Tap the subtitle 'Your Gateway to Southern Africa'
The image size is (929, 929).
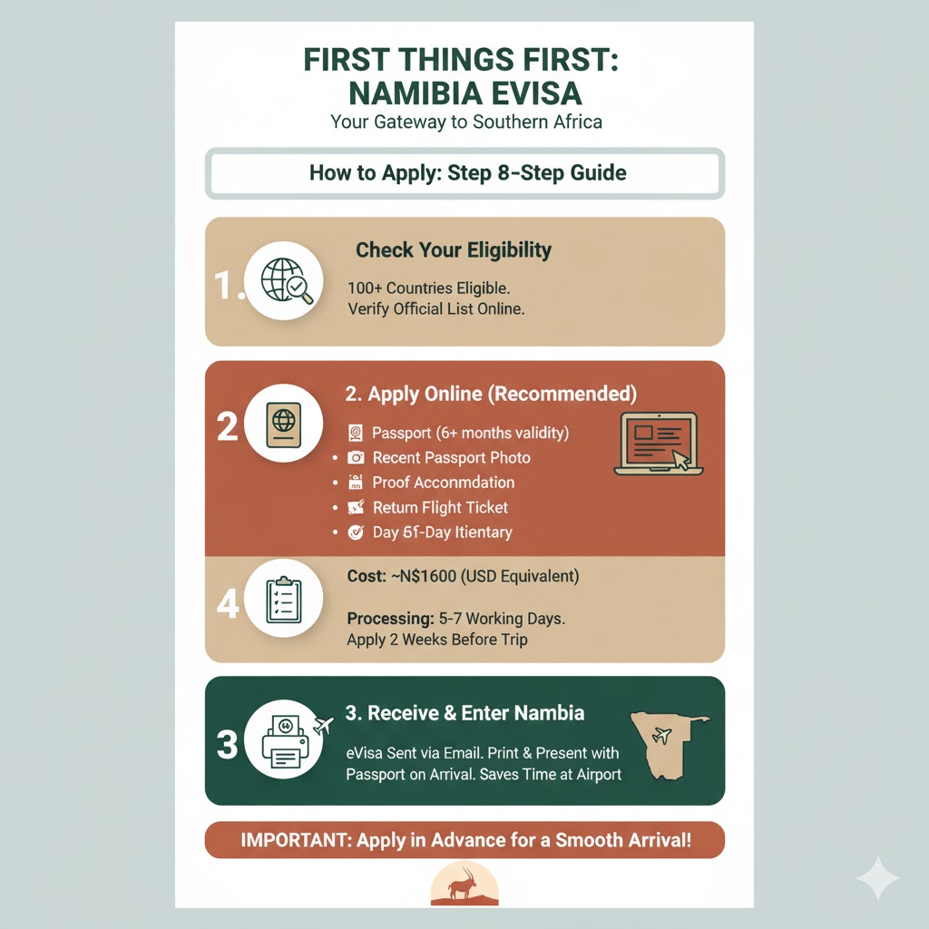(x=466, y=122)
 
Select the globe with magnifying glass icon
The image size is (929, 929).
(x=287, y=280)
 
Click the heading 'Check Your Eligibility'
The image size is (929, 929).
(x=454, y=250)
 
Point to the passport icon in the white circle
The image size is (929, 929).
(x=284, y=425)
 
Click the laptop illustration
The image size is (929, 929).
(x=659, y=443)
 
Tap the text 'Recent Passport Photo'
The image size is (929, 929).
(x=452, y=458)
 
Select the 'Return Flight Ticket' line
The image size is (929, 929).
(x=440, y=508)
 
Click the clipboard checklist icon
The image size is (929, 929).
(x=284, y=599)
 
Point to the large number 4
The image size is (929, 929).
(x=228, y=603)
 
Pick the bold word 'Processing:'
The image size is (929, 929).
(x=391, y=619)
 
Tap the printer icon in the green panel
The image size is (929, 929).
(x=285, y=742)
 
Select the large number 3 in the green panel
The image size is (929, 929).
(x=228, y=744)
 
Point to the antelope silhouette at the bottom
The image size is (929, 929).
(x=463, y=884)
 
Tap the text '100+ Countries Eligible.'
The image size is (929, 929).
(x=429, y=288)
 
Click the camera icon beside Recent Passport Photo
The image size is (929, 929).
(x=356, y=457)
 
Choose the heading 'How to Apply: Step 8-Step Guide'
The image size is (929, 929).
(x=467, y=173)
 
